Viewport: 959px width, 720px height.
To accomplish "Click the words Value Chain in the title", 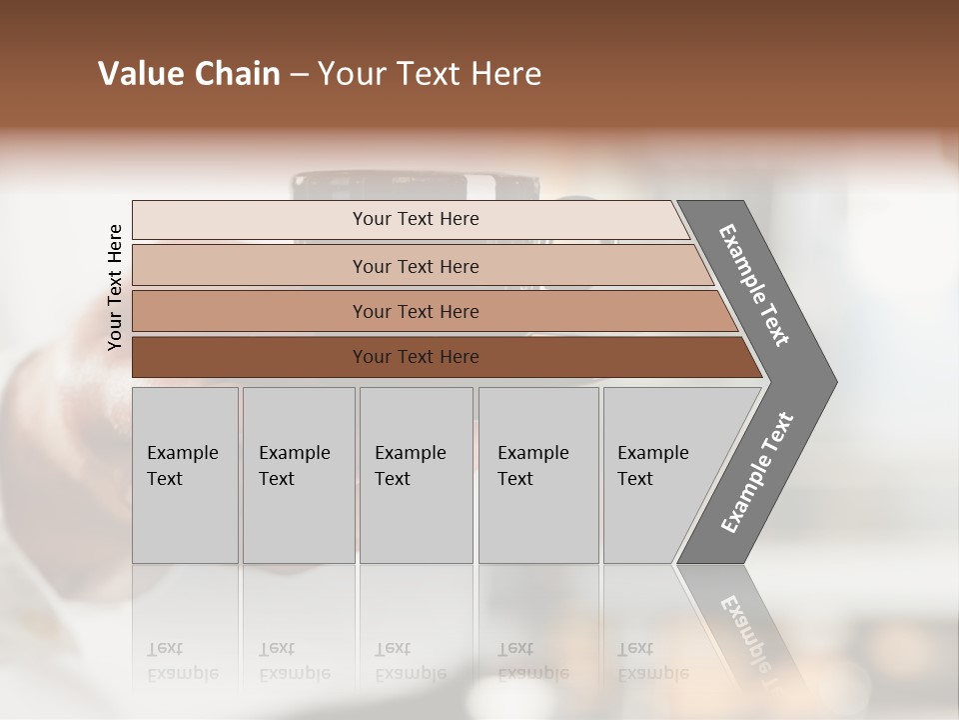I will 189,74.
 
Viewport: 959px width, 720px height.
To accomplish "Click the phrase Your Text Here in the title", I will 430,74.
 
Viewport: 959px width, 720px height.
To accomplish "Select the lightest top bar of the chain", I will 416,219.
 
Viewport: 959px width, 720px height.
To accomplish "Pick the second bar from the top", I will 416,266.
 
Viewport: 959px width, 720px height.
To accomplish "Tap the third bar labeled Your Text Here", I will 416,311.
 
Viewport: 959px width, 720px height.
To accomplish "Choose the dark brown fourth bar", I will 416,357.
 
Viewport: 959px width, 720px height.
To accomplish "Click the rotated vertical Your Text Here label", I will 115,288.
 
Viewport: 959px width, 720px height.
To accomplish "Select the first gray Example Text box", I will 185,474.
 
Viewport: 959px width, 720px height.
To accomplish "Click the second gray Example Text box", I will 298,474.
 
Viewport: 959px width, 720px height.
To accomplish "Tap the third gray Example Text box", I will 416,474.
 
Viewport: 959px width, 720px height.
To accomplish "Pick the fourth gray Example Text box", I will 538,474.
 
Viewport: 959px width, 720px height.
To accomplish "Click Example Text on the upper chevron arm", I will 754,285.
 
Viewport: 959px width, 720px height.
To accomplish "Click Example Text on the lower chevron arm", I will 756,473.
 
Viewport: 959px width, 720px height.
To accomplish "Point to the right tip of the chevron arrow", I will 834,382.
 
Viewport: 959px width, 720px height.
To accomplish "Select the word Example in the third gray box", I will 410,453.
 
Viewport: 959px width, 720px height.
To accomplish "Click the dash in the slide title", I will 299,75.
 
